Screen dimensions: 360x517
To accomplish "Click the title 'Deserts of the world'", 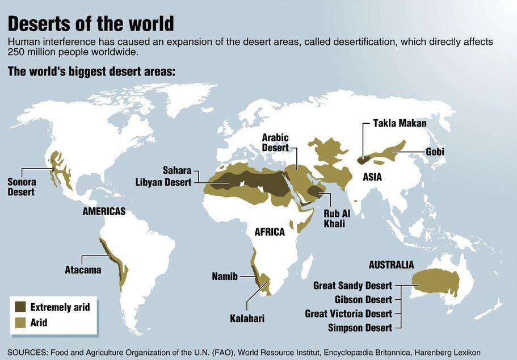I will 90,24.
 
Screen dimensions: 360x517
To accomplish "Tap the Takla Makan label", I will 400,123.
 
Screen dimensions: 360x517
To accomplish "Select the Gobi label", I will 435,152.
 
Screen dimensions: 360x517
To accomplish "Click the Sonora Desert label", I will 21,187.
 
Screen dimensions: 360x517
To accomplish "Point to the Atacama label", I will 83,270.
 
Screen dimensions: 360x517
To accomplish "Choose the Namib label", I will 225,277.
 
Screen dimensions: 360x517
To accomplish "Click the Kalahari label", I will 247,319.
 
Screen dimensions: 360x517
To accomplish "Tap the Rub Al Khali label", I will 334,219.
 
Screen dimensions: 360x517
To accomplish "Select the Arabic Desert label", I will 275,143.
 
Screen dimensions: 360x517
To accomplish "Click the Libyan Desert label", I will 163,182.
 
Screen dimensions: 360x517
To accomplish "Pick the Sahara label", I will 177,170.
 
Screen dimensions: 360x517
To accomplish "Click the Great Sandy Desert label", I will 352,286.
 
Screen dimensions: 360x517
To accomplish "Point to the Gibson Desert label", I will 363,299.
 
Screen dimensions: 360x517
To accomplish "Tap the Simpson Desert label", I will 360,328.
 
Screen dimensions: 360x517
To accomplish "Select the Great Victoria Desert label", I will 348,313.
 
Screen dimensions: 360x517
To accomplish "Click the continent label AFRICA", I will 270,232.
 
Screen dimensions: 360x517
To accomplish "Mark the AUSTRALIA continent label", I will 391,265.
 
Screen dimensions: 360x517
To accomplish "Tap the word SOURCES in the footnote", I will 27,351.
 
